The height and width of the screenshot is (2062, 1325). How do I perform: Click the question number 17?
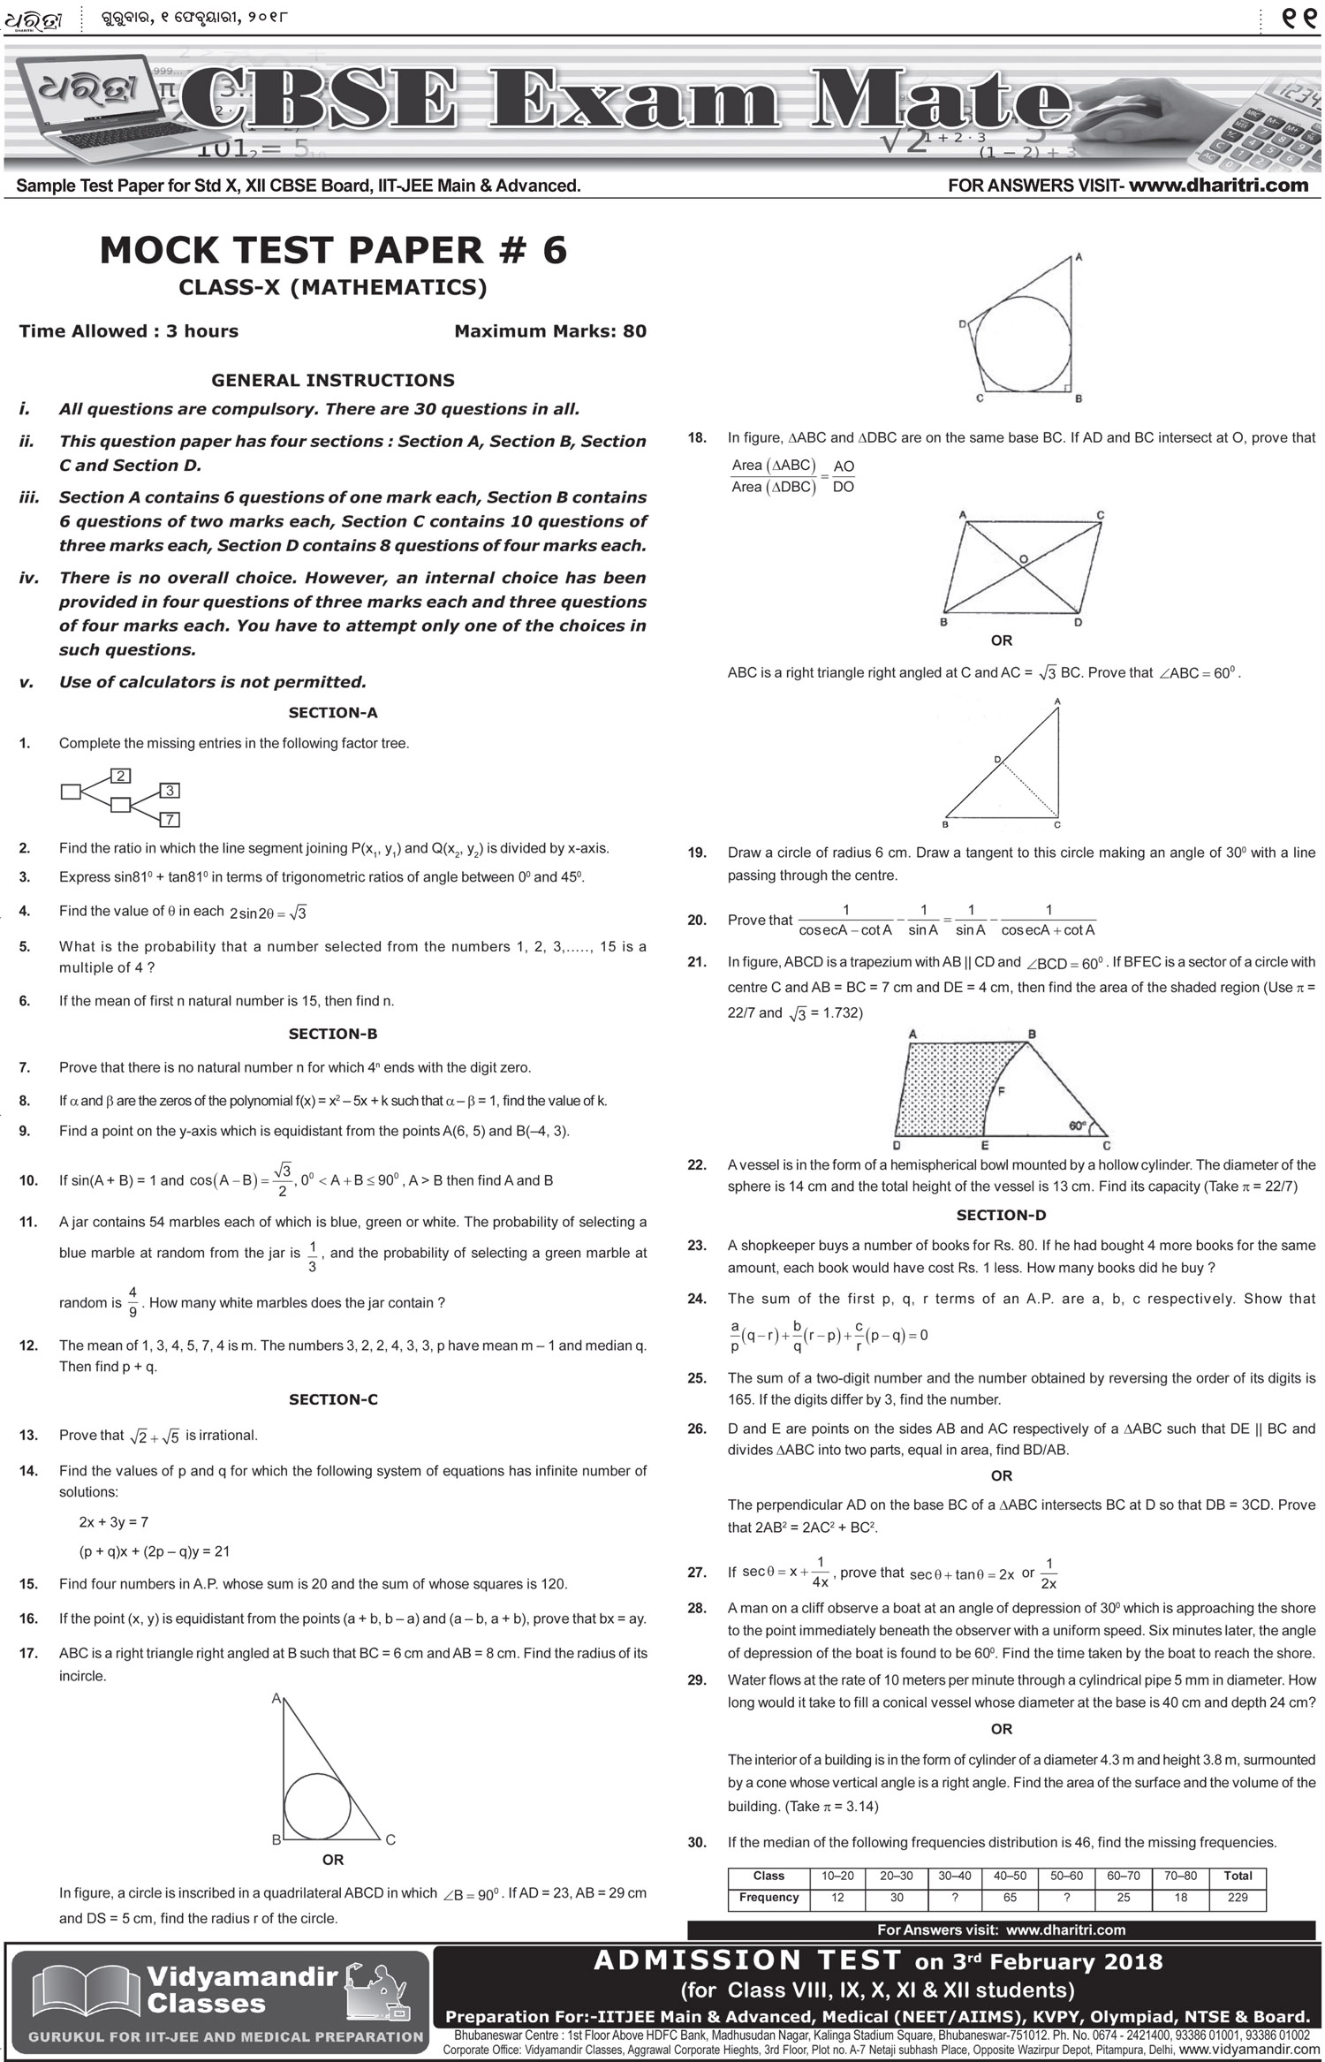coord(28,1653)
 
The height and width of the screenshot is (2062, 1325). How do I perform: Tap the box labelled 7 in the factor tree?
coord(169,819)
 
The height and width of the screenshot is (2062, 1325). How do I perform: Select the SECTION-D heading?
coord(1001,1215)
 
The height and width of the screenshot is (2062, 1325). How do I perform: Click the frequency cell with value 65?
coord(1010,1897)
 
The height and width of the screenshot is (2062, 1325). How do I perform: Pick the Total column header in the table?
coord(1238,1875)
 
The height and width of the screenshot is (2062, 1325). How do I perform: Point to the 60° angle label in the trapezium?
coord(1078,1126)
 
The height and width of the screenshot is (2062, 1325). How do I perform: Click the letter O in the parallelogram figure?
coord(1023,559)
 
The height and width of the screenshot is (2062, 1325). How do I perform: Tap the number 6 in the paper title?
coord(554,250)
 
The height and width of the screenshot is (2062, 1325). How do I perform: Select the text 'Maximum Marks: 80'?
coord(549,331)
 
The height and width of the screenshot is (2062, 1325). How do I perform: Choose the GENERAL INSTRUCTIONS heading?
coord(332,380)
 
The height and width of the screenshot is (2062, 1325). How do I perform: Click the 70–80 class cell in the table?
coord(1180,1875)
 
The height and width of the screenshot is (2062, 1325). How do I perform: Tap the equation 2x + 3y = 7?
coord(113,1521)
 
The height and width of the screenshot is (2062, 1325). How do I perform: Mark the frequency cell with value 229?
coord(1238,1897)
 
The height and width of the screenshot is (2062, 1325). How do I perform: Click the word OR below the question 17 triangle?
coord(332,1860)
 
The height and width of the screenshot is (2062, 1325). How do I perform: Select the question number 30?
coord(697,1842)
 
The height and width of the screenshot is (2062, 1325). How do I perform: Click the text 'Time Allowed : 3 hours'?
coord(129,331)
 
